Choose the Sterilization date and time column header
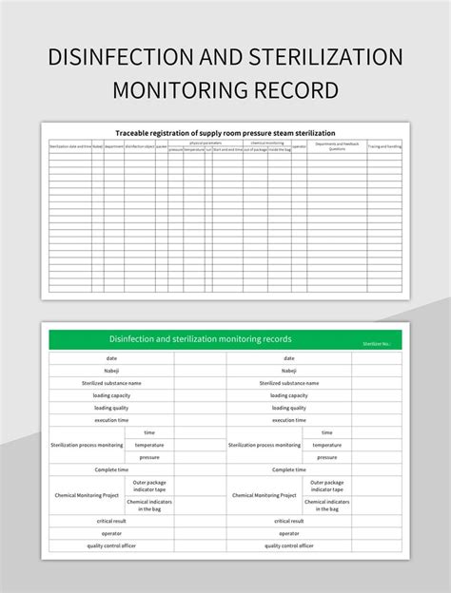[x=70, y=146]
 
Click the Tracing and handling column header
[x=384, y=146]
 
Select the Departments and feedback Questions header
[x=337, y=146]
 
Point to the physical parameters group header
[x=205, y=143]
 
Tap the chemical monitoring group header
[x=266, y=143]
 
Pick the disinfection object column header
[x=139, y=146]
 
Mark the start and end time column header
[x=227, y=150]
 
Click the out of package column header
[x=255, y=150]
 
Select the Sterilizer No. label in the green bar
[x=377, y=343]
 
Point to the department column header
[x=114, y=146]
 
